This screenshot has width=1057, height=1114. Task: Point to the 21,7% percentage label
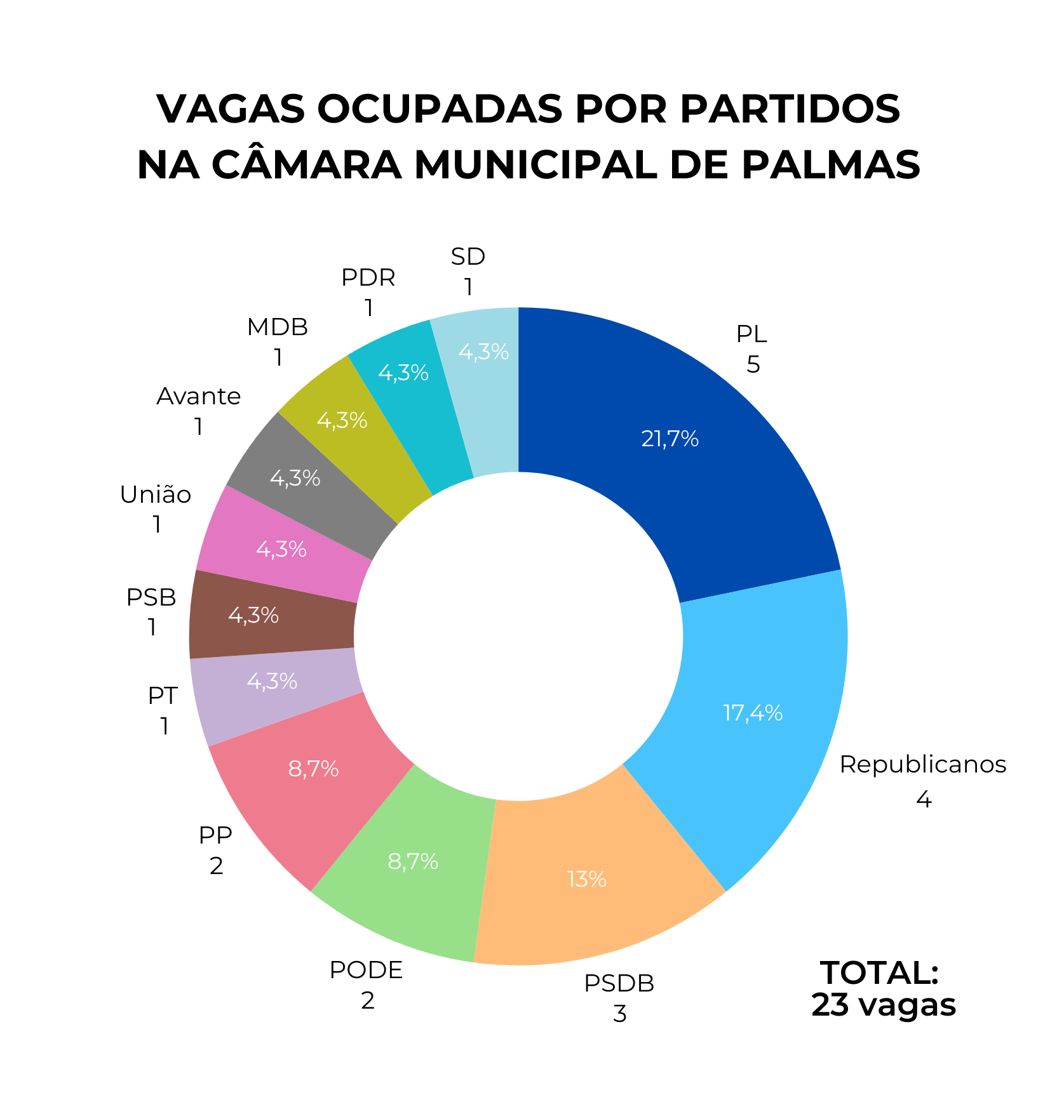[x=670, y=439]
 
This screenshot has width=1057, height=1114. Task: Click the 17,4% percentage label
[x=753, y=713]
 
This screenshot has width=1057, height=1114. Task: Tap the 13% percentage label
[x=586, y=880]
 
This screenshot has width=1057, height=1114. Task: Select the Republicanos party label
[x=922, y=765]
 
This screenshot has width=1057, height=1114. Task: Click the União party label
[x=156, y=494]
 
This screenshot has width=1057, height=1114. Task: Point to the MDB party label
[x=278, y=328]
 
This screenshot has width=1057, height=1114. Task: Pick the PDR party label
[x=368, y=277]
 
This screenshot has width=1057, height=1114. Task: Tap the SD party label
[x=468, y=256]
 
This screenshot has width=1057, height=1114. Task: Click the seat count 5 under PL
[x=753, y=365]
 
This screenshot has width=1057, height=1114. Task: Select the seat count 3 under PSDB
[x=619, y=1014]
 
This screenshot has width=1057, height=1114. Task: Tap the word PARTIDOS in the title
[x=790, y=109]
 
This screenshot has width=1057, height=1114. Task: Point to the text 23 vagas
[x=883, y=1005]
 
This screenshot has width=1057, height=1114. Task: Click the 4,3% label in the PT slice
[x=272, y=682]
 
